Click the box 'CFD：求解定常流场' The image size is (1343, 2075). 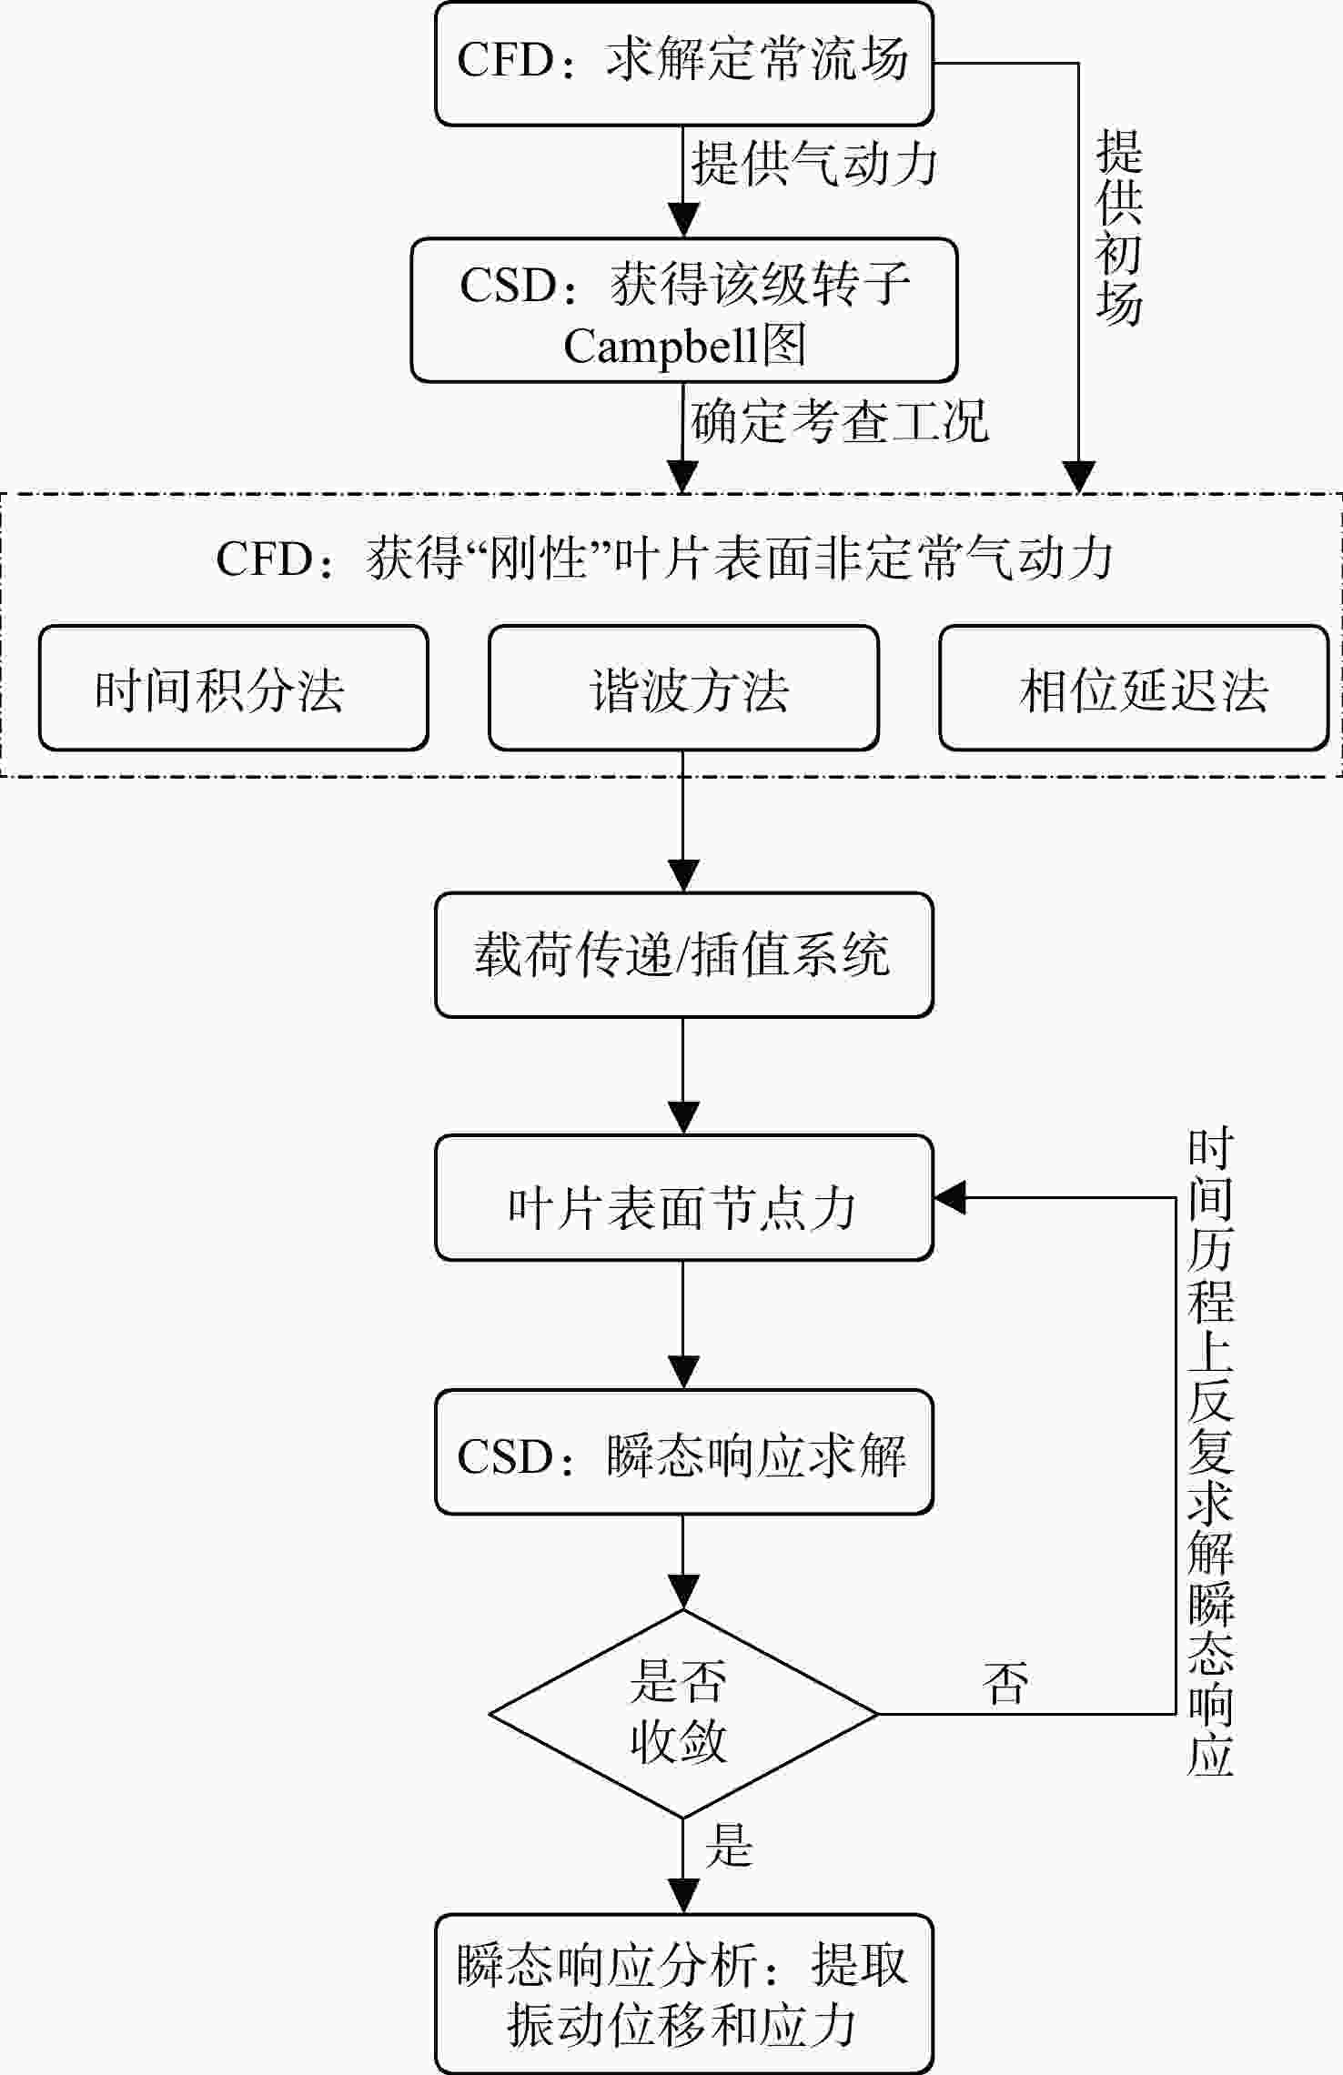point(684,64)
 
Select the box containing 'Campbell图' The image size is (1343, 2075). point(684,310)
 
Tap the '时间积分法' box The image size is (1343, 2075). point(234,688)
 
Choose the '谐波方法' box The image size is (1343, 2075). point(684,688)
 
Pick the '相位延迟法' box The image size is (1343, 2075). point(1134,688)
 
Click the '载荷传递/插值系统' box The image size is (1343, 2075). point(684,955)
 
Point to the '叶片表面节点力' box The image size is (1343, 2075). point(684,1198)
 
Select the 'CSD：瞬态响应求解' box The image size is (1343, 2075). point(684,1452)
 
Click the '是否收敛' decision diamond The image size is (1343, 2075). point(684,1715)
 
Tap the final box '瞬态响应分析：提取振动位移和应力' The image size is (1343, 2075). point(684,1994)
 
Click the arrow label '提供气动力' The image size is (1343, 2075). point(813,165)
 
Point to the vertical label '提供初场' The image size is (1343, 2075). point(1118,227)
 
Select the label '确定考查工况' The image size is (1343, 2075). point(839,422)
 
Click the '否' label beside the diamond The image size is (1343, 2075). point(1005,1683)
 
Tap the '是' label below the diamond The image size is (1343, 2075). point(729,1845)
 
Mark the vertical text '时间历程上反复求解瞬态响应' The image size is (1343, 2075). point(1210,1453)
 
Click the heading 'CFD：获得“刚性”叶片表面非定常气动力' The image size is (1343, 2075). point(664,558)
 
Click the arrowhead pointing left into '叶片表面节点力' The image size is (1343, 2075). point(950,1198)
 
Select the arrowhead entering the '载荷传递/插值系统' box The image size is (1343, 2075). point(683,876)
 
